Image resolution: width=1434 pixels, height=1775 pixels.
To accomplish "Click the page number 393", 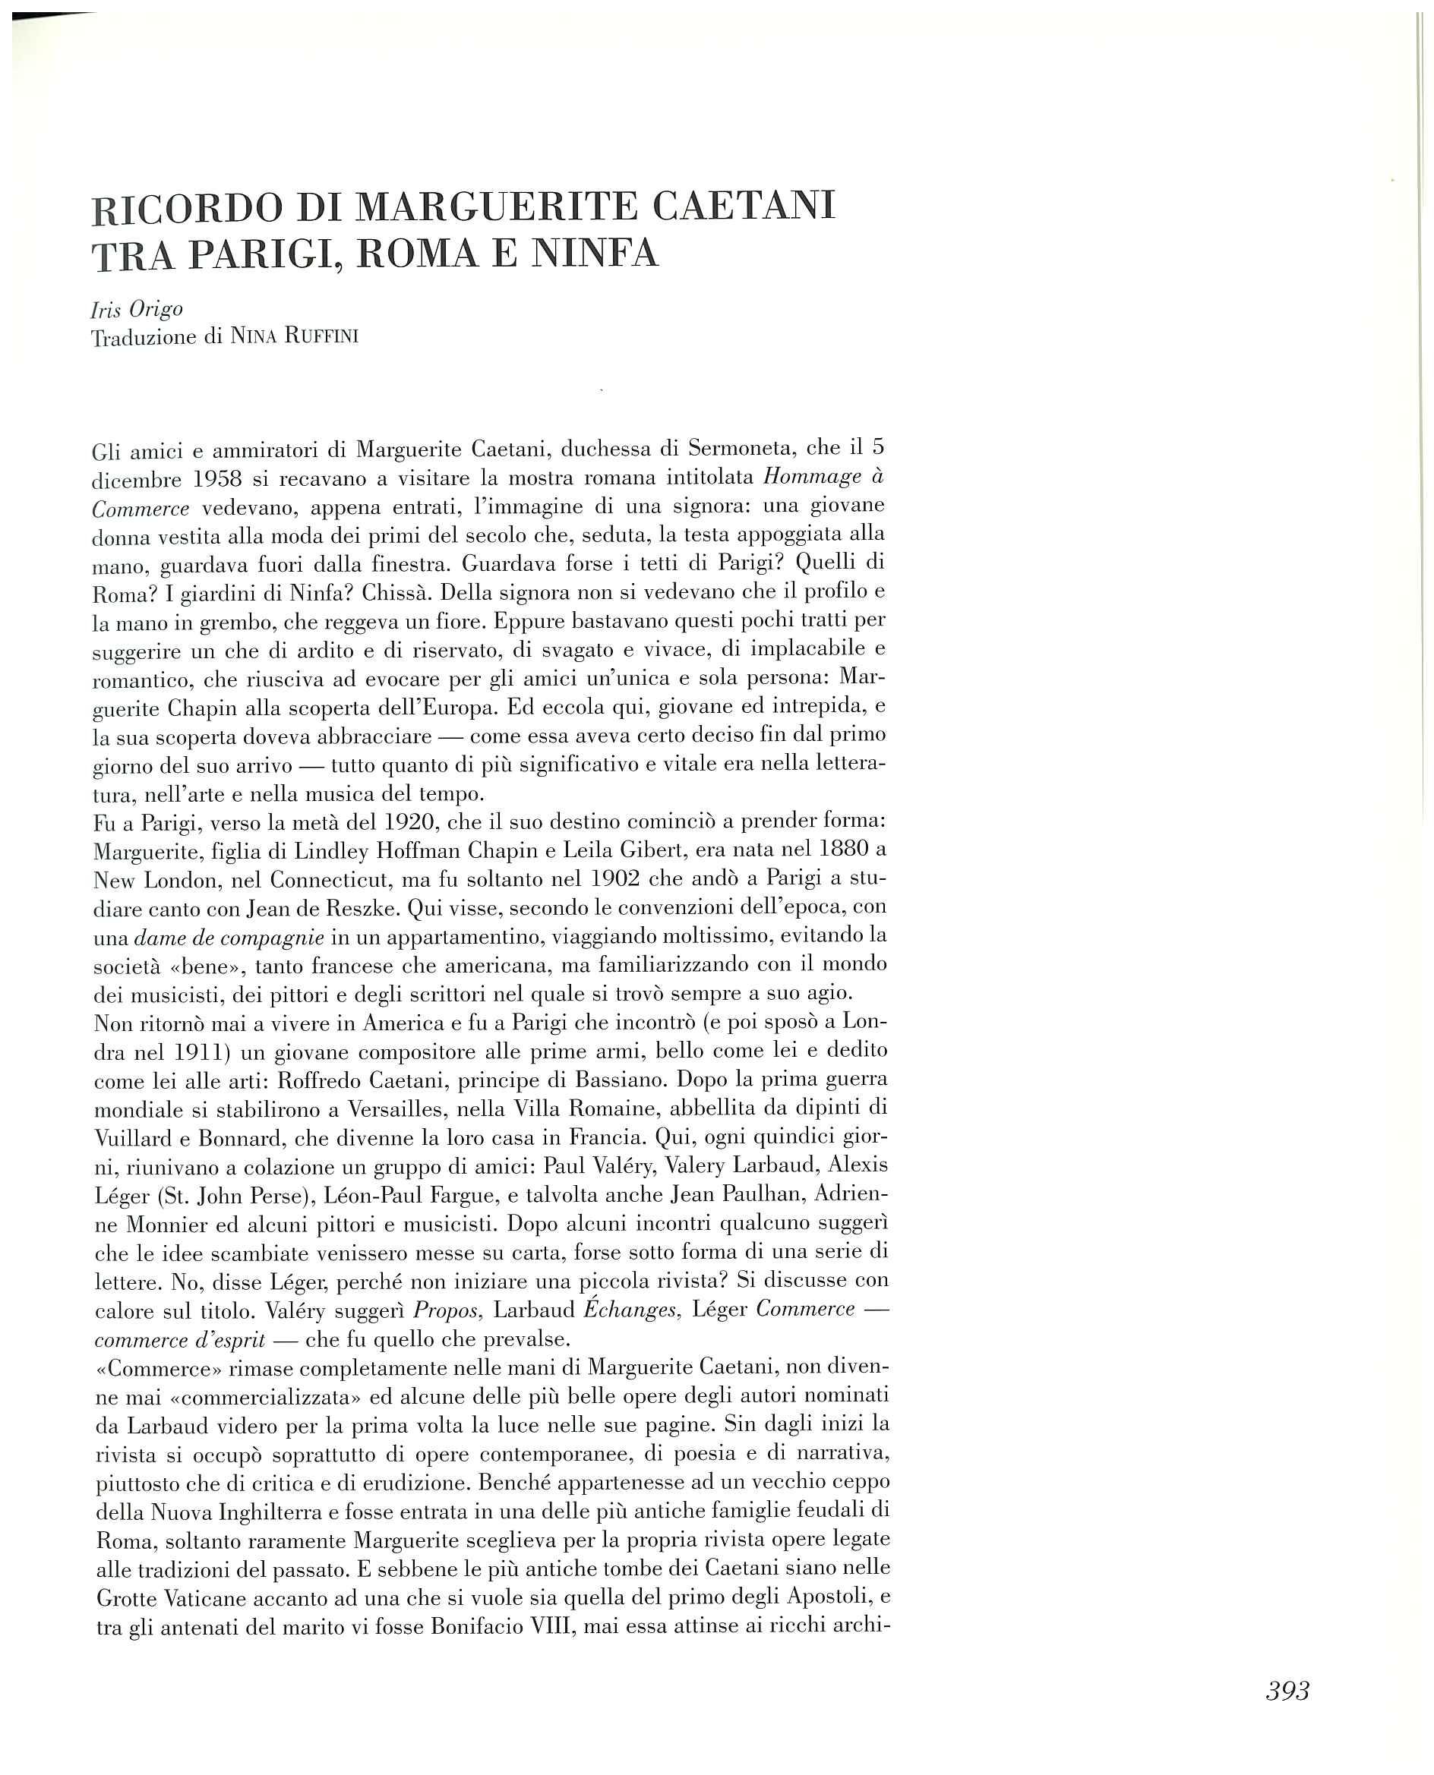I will tap(1287, 1691).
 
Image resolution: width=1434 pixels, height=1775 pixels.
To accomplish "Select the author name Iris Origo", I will tap(136, 310).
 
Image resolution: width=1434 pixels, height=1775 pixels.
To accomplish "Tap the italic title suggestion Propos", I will tap(447, 1310).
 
